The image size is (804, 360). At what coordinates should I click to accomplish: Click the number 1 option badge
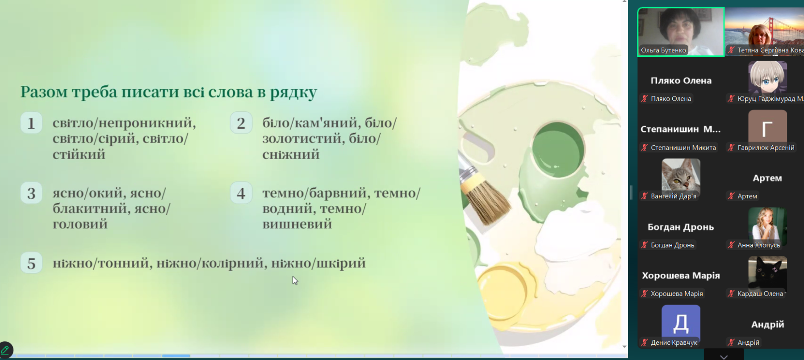pos(31,123)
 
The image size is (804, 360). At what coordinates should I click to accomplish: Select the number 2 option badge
pos(241,123)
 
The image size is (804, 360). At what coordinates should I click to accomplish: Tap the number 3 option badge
pos(31,193)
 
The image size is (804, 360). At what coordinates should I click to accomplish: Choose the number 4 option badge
pos(241,193)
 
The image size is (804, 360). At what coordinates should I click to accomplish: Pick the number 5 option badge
pos(31,263)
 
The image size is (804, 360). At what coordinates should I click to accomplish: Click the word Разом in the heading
pos(44,92)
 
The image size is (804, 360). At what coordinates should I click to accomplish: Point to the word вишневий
pos(297,224)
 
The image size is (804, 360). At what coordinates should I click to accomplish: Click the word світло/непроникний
pos(124,123)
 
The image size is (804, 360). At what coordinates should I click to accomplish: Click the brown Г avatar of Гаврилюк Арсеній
pos(767,127)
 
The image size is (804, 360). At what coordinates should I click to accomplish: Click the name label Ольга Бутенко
pos(663,50)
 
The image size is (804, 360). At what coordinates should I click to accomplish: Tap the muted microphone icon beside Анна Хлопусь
pos(731,245)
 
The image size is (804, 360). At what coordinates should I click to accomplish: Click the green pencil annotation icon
pos(5,350)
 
